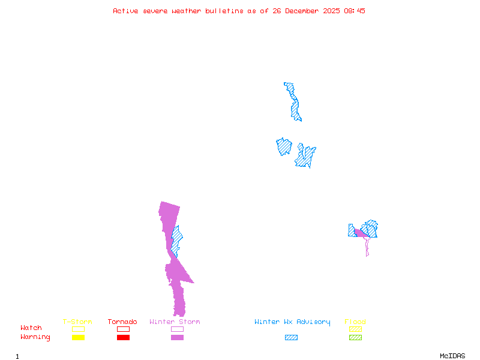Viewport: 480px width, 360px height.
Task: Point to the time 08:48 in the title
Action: pos(355,11)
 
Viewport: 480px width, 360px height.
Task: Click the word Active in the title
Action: pos(125,11)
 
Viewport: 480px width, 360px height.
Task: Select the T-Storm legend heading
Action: pos(77,322)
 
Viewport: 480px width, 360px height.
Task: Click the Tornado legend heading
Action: pos(122,322)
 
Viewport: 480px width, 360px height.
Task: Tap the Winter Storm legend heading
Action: pos(175,322)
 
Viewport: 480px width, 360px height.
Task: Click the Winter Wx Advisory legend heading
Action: pos(292,322)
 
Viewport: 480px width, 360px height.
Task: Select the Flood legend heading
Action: pos(355,322)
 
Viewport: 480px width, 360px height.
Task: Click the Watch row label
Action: pos(31,328)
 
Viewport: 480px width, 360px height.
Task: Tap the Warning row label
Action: pos(35,337)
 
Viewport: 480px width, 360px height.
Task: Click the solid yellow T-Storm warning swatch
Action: pos(78,337)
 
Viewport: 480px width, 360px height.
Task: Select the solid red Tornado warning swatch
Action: pos(123,337)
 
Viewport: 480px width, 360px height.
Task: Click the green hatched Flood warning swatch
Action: pos(355,337)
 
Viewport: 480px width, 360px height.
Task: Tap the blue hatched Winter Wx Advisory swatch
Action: pos(291,337)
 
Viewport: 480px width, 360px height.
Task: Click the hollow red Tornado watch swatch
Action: pos(123,329)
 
